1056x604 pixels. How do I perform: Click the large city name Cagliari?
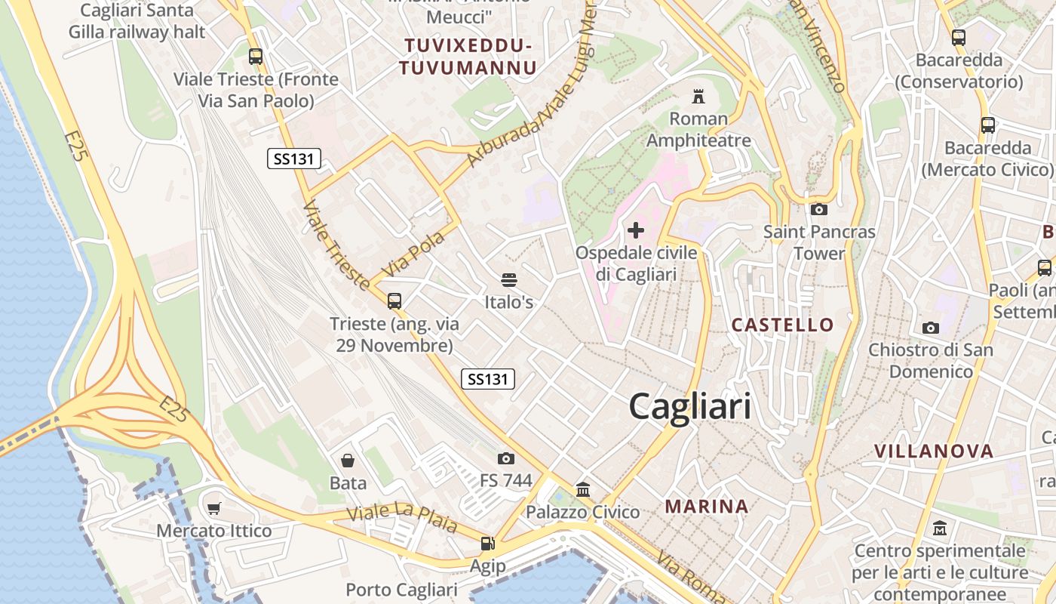[689, 407]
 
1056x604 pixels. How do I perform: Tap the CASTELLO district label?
[783, 325]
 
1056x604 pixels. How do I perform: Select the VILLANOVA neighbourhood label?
[934, 451]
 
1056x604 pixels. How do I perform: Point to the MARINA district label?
[707, 507]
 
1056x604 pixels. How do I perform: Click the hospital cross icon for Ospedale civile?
[636, 230]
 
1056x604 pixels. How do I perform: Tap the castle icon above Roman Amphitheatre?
[698, 97]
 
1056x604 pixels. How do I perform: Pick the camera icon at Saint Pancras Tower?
[819, 210]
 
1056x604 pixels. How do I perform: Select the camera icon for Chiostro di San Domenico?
[931, 328]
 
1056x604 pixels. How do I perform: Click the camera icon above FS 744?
[506, 458]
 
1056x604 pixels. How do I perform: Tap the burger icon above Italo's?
[509, 280]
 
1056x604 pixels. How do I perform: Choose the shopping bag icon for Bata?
[348, 461]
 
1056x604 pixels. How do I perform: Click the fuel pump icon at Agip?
[488, 544]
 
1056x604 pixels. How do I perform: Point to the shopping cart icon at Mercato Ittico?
[214, 509]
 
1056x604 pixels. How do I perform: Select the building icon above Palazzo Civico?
[583, 490]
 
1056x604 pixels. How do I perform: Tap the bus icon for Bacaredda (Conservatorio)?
[959, 38]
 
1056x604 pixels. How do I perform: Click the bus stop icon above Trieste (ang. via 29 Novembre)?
[394, 301]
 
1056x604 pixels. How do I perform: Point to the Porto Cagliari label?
[401, 590]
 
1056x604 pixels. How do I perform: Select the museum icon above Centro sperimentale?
[940, 528]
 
